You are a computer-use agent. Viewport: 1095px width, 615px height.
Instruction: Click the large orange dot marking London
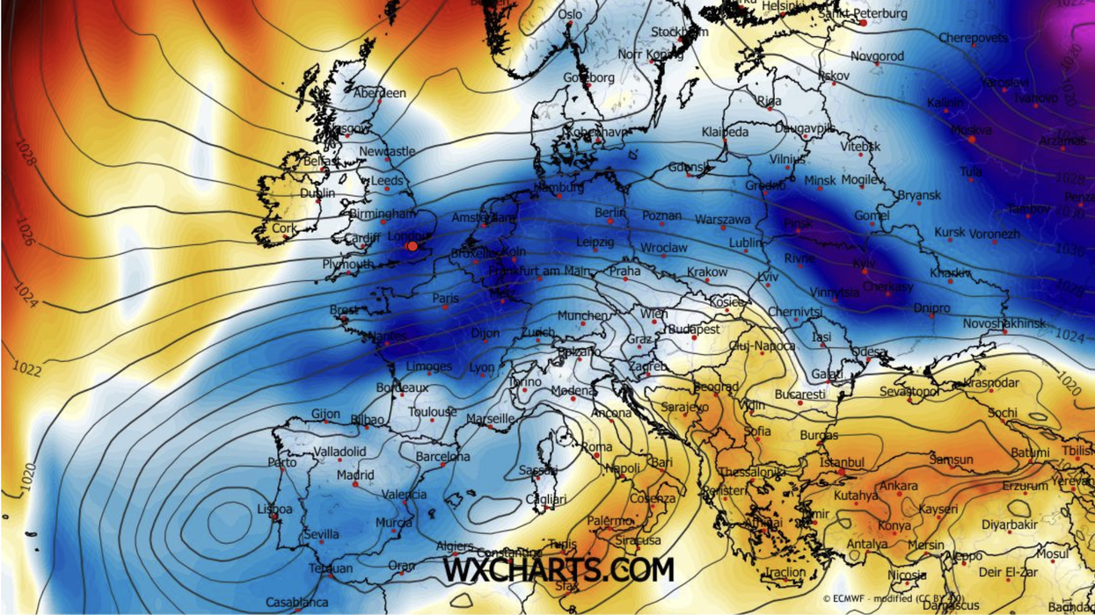pos(412,246)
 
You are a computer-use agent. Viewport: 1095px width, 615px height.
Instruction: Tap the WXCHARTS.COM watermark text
pos(558,569)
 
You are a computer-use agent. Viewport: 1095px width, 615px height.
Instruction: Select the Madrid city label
pos(354,474)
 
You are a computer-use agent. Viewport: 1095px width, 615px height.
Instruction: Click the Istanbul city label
pos(842,462)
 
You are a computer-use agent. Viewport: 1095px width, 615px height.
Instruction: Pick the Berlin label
pos(610,213)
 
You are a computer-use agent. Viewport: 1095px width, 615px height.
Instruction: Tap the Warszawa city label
pos(723,219)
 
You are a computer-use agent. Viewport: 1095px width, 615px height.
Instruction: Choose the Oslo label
pos(570,14)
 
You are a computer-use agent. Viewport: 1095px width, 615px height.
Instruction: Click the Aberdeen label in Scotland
pos(380,93)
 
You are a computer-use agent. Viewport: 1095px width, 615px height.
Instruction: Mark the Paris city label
pos(445,299)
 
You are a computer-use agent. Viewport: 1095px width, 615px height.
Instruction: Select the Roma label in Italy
pos(597,447)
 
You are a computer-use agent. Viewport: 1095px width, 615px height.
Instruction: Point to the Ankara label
pos(898,486)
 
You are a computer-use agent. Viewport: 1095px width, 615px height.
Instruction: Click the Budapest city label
pos(694,329)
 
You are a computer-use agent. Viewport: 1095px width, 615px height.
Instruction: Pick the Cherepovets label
pos(973,38)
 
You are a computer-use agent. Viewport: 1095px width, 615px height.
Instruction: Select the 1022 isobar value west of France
pos(27,369)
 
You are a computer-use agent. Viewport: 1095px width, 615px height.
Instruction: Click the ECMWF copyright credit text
pos(893,599)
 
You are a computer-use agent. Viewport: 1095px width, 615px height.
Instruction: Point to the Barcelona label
pos(442,457)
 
